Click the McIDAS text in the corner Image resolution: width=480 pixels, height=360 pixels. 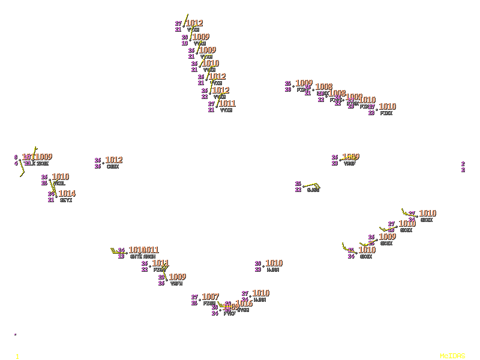pos(452,356)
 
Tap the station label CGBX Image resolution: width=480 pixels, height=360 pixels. pos(112,166)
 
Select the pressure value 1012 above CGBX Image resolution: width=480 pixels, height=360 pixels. pos(113,160)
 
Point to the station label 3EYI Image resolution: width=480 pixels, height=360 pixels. pos(65,200)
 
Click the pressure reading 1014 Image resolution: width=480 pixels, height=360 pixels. pos(67,194)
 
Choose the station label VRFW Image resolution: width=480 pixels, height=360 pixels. pos(176,283)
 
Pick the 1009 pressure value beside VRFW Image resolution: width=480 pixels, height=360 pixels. pos(177,277)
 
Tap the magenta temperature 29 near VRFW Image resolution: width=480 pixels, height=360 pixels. pos(161,277)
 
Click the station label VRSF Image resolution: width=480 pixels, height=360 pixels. pos(349,163)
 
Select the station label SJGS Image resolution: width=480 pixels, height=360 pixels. pos(313,190)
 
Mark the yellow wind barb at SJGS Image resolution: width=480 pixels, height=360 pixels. pos(311,185)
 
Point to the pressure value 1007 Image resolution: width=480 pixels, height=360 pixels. pos(210,297)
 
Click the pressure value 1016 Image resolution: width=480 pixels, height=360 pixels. pos(244,304)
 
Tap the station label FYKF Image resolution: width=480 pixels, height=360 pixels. pos(229,313)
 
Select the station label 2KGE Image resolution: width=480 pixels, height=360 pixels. pos(42,163)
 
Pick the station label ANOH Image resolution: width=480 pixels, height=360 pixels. pos(149,256)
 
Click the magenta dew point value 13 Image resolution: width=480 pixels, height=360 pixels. pos(121,256)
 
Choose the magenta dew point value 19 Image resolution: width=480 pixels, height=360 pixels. pos(185,43)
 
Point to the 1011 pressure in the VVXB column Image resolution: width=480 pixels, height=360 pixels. pos(227,104)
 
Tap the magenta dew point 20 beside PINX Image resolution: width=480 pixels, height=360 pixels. pos(288,89)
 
